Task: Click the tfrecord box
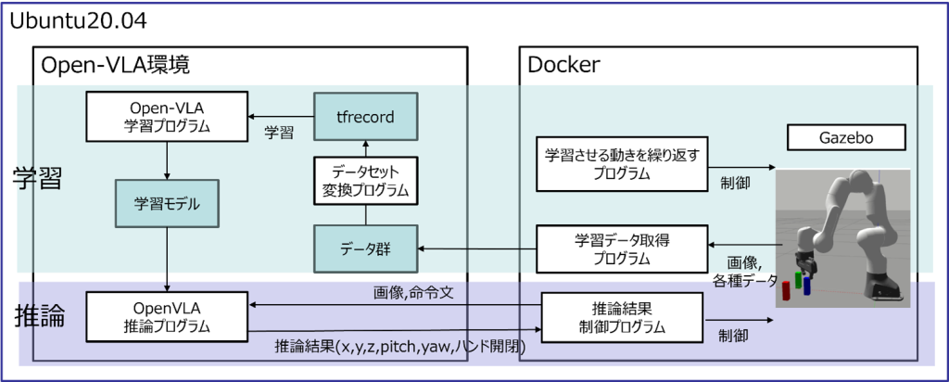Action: click(x=365, y=117)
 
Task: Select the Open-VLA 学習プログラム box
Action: click(x=167, y=117)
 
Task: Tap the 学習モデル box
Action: click(x=167, y=204)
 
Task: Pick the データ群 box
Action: click(x=365, y=248)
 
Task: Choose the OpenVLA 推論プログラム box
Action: click(x=167, y=317)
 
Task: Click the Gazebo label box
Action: click(x=847, y=137)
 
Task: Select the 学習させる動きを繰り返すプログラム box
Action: click(x=622, y=163)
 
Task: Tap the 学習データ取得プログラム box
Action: click(x=622, y=248)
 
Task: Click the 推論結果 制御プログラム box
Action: click(x=622, y=318)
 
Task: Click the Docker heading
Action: click(x=564, y=65)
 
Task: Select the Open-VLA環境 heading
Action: click(x=115, y=65)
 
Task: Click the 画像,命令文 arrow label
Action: click(x=418, y=294)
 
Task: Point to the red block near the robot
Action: click(x=786, y=290)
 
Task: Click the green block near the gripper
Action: click(x=799, y=280)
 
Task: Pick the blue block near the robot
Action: click(x=807, y=286)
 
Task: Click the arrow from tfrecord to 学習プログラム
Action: click(x=281, y=117)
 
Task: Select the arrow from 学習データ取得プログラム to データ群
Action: click(x=477, y=248)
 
